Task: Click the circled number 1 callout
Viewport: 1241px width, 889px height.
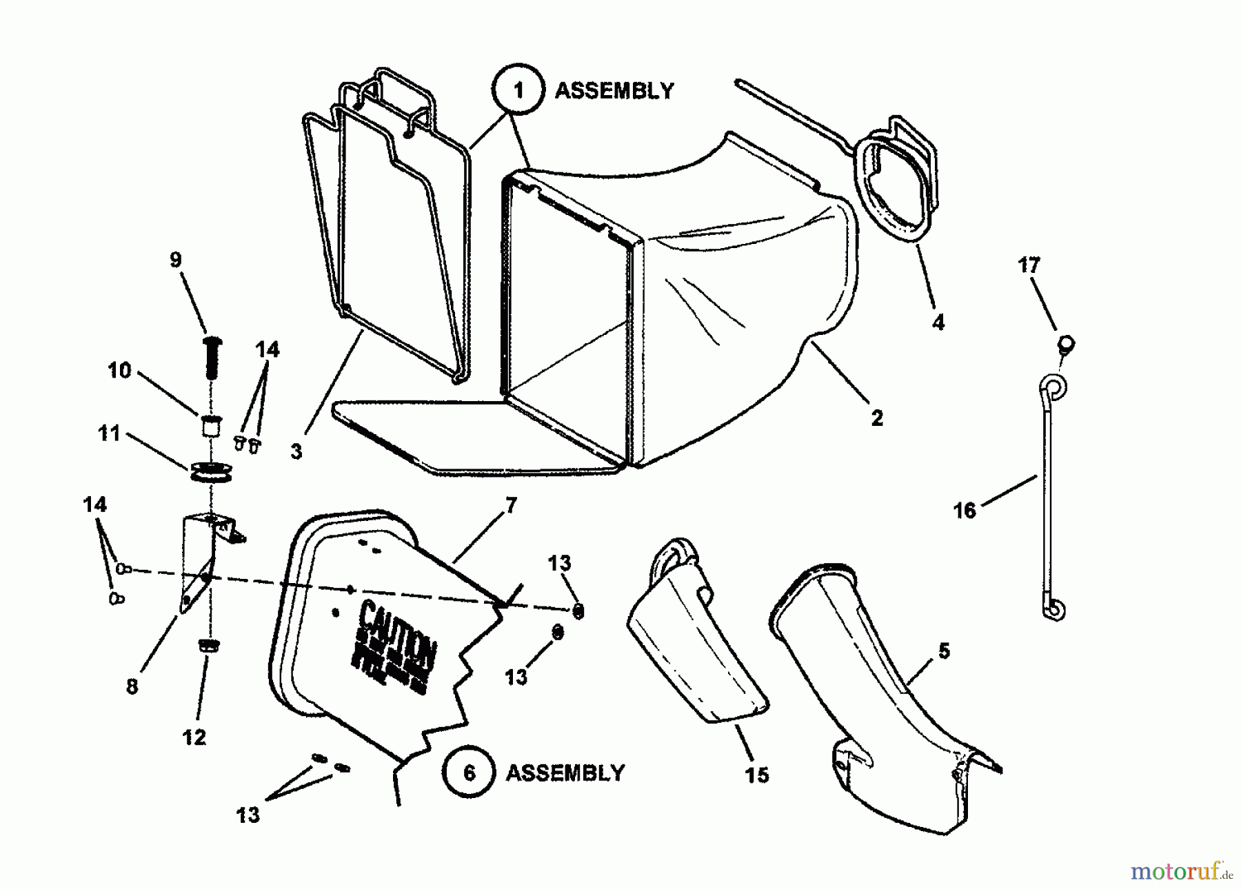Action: tap(518, 90)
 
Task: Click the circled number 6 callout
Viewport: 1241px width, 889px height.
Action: tap(470, 773)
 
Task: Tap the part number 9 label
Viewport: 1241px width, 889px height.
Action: tap(176, 260)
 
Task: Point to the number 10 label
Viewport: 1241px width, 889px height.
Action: tap(119, 371)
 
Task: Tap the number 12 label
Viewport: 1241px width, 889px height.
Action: tap(194, 737)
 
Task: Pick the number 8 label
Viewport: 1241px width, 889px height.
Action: tap(132, 686)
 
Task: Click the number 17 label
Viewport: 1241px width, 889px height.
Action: tap(1029, 265)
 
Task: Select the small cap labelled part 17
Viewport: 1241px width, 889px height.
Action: tap(1066, 343)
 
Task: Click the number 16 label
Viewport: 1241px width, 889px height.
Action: tap(965, 510)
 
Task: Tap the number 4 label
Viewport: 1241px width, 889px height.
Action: tap(938, 322)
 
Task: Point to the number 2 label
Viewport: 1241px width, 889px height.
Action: tap(877, 418)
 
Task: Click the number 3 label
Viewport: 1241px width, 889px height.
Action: tap(296, 451)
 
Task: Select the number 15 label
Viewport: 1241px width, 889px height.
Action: tap(757, 775)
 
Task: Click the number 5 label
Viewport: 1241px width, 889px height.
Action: tap(944, 651)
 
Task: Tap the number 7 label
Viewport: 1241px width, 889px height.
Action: tap(510, 506)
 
